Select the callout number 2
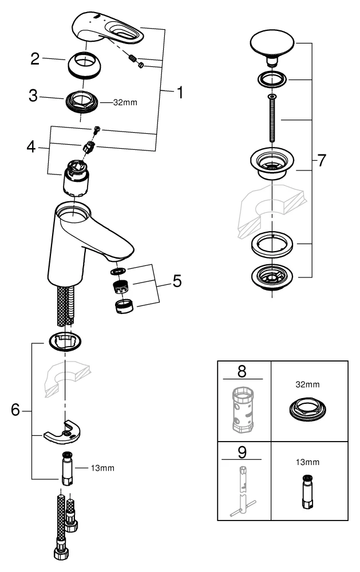[35, 59]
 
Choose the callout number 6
[17, 410]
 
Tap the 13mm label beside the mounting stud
[103, 468]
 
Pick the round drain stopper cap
[272, 44]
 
